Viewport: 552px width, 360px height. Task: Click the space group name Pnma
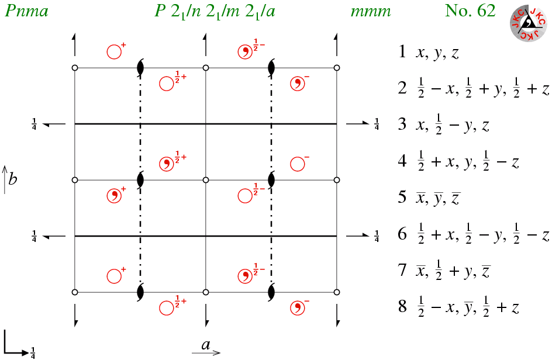[26, 11]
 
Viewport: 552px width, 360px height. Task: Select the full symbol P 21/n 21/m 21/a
[215, 12]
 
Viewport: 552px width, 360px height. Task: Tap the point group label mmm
[371, 12]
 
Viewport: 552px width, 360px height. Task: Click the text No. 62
[470, 11]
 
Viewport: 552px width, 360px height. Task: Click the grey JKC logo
[528, 23]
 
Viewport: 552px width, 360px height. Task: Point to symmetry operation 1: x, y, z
[429, 52]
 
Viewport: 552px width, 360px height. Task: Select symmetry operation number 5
[429, 198]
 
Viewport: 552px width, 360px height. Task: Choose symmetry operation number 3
[444, 125]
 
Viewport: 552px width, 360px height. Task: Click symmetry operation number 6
[474, 234]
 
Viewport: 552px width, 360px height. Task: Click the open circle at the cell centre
[206, 180]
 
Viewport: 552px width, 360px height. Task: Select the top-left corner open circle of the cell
[75, 68]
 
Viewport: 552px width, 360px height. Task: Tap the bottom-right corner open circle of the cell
[337, 292]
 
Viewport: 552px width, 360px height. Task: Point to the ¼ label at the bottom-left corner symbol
[33, 352]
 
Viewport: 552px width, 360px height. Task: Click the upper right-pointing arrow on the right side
[357, 123]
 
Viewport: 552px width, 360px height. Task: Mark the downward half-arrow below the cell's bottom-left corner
[75, 316]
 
